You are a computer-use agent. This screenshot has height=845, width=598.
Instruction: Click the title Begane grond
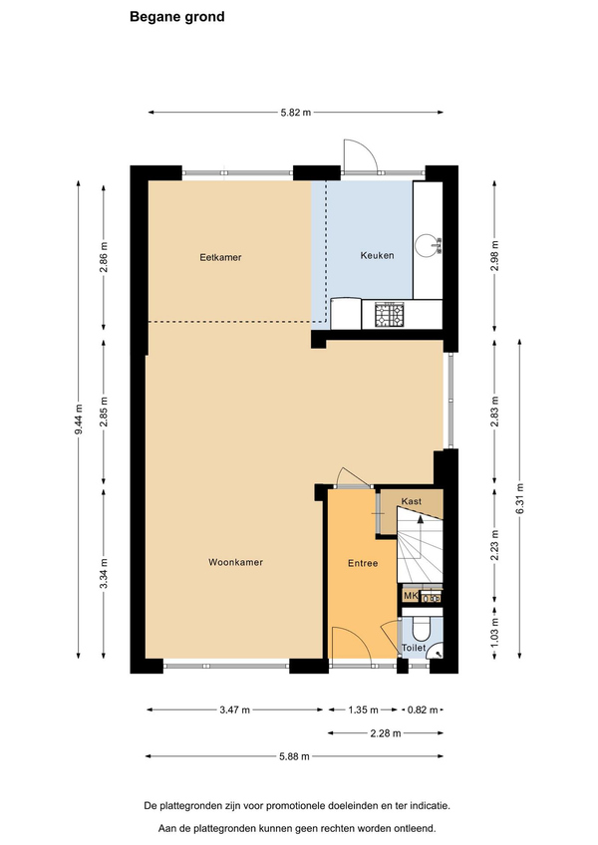176,17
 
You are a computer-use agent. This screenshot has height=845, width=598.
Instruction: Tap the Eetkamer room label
220,258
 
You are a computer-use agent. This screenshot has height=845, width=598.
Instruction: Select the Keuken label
377,255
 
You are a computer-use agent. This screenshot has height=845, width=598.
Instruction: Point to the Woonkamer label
235,562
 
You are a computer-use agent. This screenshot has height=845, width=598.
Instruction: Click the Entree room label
363,563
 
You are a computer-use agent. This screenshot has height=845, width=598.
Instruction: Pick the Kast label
411,501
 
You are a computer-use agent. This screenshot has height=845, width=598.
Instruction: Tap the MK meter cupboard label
411,596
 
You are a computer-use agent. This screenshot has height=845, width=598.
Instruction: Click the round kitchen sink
428,245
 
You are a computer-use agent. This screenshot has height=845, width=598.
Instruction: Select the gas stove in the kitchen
390,315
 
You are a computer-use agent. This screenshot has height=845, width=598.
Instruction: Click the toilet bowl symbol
420,628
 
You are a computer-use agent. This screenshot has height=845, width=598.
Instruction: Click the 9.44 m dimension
79,421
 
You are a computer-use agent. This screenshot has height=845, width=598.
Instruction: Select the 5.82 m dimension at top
295,113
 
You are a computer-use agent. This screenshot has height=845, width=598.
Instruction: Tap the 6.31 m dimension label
520,498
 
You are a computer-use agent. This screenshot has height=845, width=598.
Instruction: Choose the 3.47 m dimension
234,709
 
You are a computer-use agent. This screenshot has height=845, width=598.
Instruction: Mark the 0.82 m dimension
423,709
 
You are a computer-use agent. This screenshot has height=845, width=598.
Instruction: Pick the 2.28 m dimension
386,733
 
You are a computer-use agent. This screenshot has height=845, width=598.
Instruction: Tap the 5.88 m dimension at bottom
294,756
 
